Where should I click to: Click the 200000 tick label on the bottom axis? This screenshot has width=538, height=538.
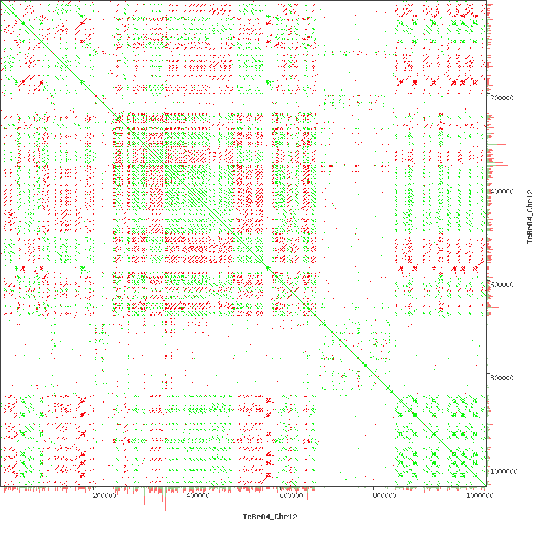click(104, 496)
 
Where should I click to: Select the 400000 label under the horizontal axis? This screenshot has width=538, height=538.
click(198, 496)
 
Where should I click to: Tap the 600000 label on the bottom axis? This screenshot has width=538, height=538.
click(291, 496)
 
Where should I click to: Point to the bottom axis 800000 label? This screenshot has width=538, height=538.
click(384, 496)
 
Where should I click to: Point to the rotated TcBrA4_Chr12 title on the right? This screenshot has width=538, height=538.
click(529, 216)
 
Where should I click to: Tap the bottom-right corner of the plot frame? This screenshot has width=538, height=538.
click(486, 486)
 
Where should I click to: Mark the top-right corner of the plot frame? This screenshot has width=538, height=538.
click(486, 1)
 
